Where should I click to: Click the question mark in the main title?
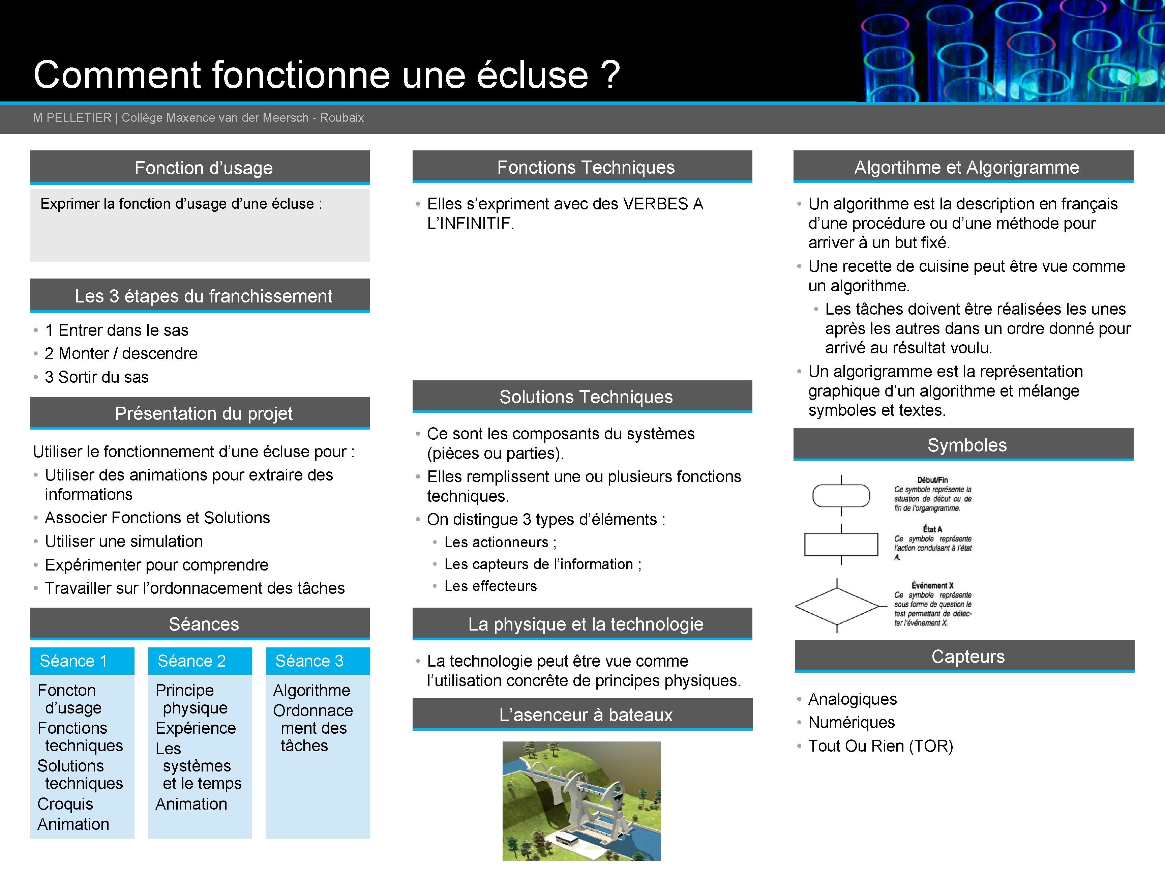(610, 75)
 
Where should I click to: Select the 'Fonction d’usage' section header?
(203, 168)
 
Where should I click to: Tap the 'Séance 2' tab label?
(192, 661)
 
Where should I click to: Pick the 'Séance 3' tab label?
(309, 661)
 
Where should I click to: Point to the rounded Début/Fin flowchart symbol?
(841, 495)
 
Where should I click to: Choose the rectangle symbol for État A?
(841, 544)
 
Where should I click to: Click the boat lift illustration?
(581, 801)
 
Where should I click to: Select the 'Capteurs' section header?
(968, 657)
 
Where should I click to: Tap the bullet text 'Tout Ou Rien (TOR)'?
(880, 746)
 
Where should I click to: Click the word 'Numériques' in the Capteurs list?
(852, 722)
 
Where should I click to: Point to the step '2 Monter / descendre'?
(121, 353)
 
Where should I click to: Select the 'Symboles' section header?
(967, 445)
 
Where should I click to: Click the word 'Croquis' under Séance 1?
(65, 804)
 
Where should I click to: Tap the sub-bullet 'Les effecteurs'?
(490, 586)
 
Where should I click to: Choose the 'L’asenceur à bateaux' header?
(586, 715)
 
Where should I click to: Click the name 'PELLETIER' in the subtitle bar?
(79, 117)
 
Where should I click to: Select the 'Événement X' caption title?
(932, 585)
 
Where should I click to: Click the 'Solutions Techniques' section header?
(586, 397)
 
